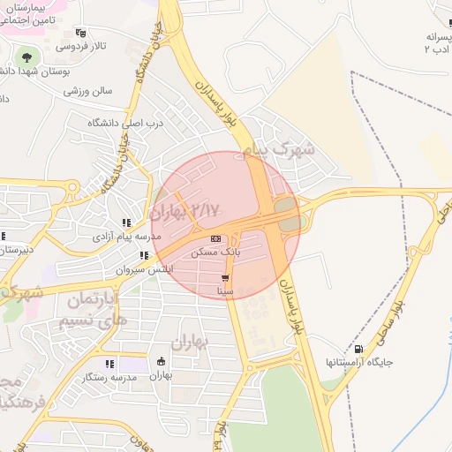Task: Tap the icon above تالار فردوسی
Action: pyautogui.click(x=81, y=33)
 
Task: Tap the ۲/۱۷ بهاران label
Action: pyautogui.click(x=185, y=211)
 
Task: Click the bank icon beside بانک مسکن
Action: pyautogui.click(x=216, y=239)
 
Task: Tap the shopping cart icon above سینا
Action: pyautogui.click(x=226, y=277)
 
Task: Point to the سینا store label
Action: pyautogui.click(x=226, y=290)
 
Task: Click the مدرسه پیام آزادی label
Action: pyautogui.click(x=127, y=237)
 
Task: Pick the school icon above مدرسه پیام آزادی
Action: pyautogui.click(x=127, y=223)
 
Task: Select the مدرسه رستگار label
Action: pyautogui.click(x=109, y=377)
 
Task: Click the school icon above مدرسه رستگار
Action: pyautogui.click(x=109, y=364)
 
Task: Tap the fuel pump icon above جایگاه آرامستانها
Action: pyautogui.click(x=358, y=349)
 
